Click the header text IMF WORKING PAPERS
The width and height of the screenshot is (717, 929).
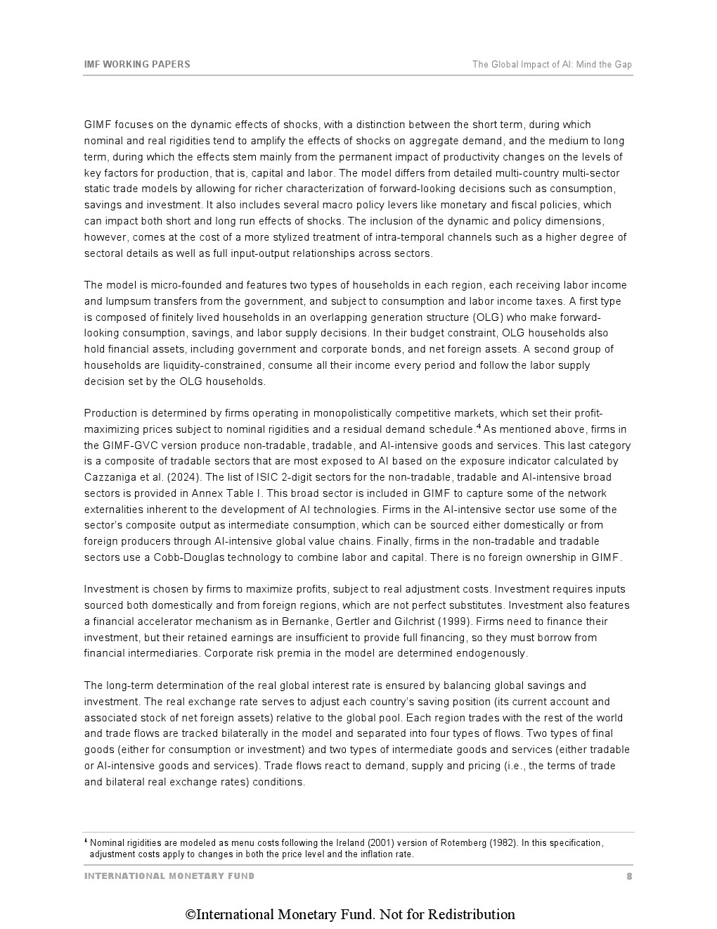[137, 64]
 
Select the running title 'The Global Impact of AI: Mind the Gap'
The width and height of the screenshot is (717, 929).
[552, 64]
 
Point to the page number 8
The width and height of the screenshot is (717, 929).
[629, 876]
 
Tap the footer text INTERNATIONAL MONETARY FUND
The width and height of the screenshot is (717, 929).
[169, 876]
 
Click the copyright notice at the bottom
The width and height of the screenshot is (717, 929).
[350, 914]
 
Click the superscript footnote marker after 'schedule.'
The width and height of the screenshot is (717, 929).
[479, 426]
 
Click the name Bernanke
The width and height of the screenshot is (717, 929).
[307, 621]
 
